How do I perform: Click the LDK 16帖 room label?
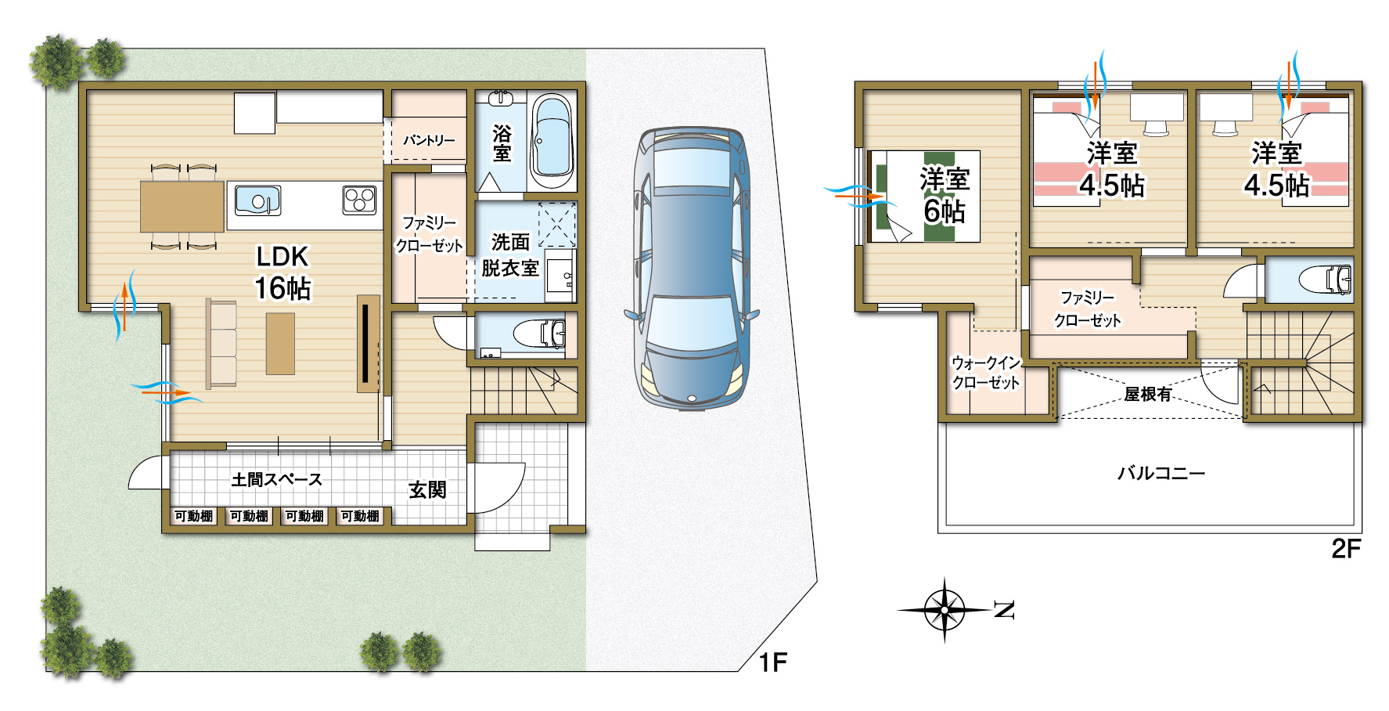pos(282,272)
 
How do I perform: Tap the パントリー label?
pos(429,140)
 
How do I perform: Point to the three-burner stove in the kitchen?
pos(360,199)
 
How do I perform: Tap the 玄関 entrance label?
pos(427,490)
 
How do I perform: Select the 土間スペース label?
pos(276,479)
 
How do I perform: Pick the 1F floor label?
pos(772,662)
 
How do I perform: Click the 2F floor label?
pos(1346,549)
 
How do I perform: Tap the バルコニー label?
pos(1161,473)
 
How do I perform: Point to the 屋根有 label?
pos(1148,394)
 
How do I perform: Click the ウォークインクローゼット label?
pos(986,373)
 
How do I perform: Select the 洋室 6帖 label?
pos(945,195)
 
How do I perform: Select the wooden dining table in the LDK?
pos(182,207)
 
